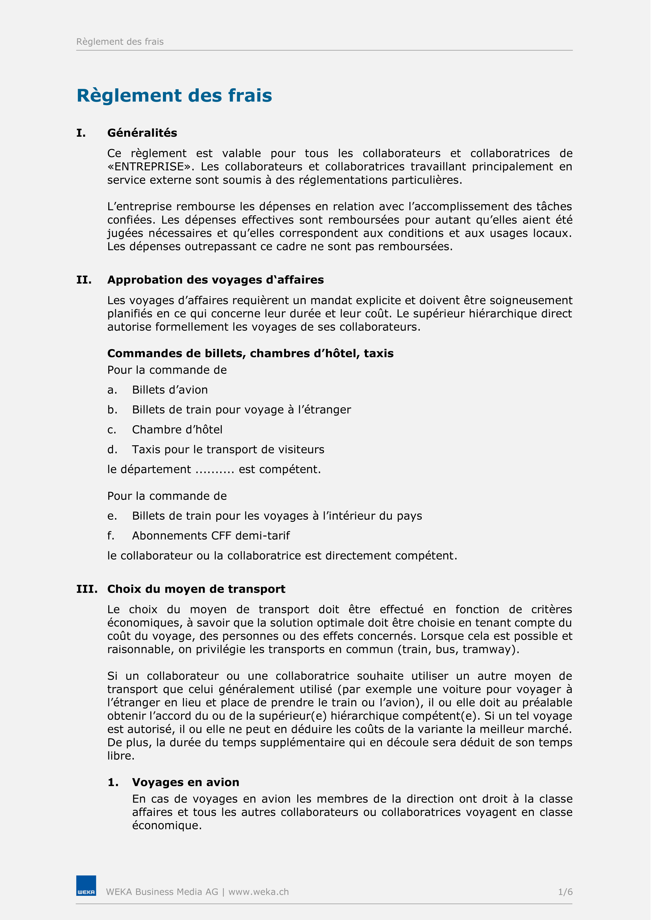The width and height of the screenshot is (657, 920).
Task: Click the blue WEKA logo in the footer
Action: [x=86, y=891]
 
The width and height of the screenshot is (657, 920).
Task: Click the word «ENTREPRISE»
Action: [x=151, y=167]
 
